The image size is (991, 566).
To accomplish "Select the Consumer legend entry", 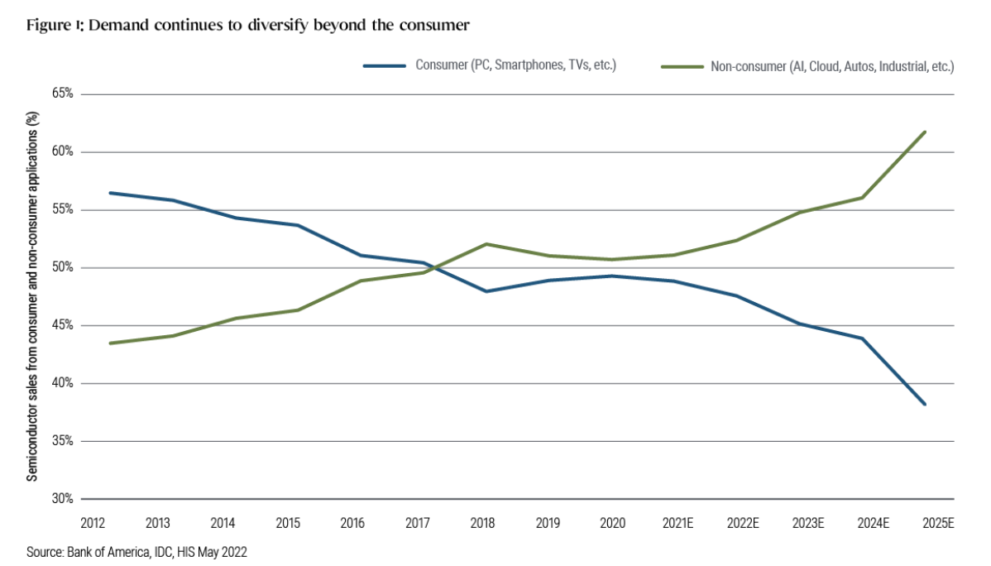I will coord(491,65).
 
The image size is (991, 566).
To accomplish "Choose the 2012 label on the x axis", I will coord(93,523).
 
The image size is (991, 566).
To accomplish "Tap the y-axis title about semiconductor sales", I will coord(33,296).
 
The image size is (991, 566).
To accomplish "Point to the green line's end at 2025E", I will coord(925,132).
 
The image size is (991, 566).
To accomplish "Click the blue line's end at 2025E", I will coord(925,405).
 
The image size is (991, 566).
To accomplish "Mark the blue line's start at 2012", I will coord(110,193).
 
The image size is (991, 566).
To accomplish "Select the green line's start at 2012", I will coord(110,343).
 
